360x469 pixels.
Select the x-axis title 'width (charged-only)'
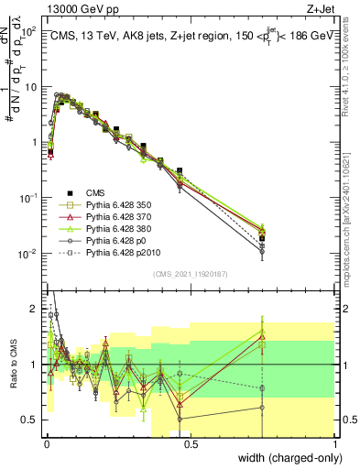[x=286, y=456]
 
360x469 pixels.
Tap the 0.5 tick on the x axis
[x=191, y=442]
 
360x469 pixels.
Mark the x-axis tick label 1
[x=334, y=442]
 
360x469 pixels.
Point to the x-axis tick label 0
[x=46, y=442]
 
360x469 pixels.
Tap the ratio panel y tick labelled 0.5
[x=33, y=420]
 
